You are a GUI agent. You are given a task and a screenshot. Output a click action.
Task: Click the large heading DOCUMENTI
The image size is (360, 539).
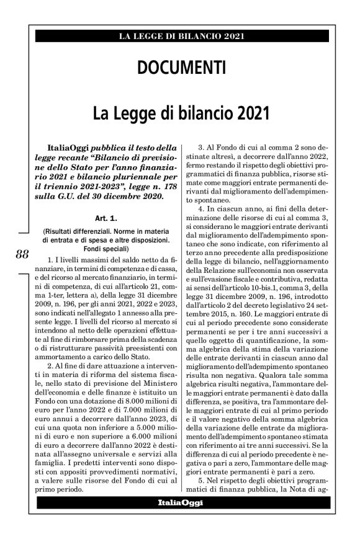click(179, 66)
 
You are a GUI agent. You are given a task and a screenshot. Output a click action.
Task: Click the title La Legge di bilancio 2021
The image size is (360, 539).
click(179, 114)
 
